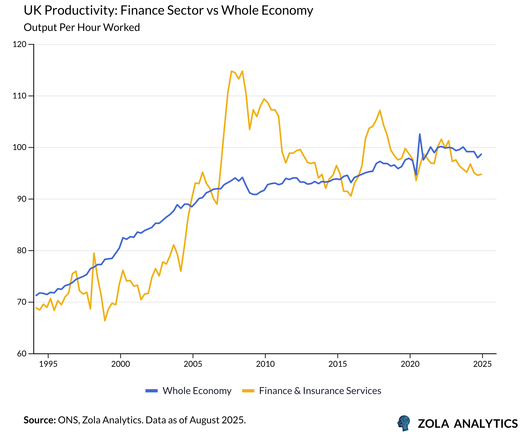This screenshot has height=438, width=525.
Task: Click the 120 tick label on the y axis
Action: point(20,44)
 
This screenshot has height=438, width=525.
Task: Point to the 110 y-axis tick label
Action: point(20,96)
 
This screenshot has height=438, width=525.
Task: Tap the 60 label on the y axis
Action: point(22,354)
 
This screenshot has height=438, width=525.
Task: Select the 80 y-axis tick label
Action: point(22,250)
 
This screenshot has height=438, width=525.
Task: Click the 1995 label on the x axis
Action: point(48,364)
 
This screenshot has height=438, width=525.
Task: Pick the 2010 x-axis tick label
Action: point(265,364)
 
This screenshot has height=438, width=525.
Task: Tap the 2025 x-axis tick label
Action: point(482,364)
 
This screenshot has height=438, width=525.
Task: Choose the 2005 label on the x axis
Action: point(193,364)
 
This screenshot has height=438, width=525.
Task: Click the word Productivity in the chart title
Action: point(81,11)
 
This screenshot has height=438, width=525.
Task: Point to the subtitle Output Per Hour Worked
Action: point(82,27)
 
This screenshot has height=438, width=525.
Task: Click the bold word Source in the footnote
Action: point(39,420)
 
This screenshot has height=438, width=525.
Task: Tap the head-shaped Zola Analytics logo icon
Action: point(404,423)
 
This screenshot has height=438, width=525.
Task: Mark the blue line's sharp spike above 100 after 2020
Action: point(420,134)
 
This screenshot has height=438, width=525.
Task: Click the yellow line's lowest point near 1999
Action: point(105,321)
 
